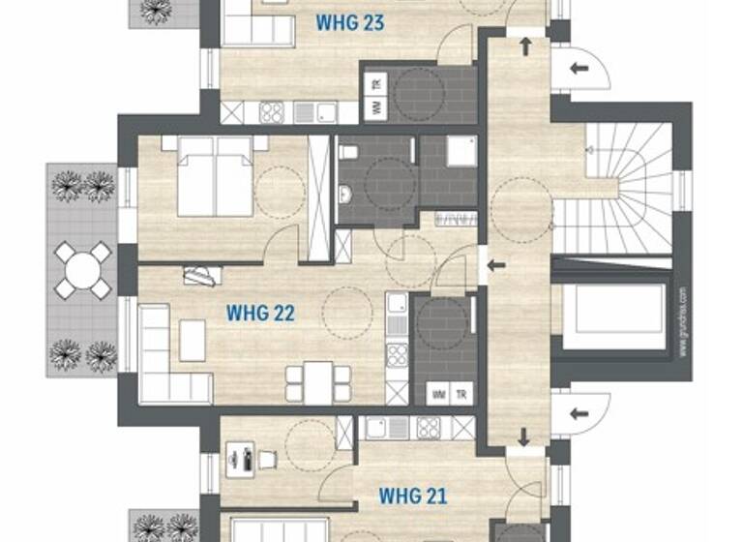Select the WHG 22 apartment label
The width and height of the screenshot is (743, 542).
(259, 313)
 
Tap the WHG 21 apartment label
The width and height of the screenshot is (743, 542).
(412, 497)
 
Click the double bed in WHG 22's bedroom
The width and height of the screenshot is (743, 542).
(214, 175)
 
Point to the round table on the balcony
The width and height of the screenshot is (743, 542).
(82, 270)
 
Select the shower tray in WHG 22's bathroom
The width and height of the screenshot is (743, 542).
(461, 152)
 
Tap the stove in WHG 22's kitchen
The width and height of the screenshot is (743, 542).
(397, 354)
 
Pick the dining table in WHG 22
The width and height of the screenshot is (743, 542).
(318, 381)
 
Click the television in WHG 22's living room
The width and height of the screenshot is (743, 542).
(202, 276)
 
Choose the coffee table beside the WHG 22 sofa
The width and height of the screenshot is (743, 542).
(193, 341)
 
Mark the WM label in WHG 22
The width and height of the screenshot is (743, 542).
(439, 394)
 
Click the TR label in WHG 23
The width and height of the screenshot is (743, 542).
(376, 84)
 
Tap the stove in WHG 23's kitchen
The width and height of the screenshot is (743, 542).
(272, 113)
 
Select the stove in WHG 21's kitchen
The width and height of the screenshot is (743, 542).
(428, 427)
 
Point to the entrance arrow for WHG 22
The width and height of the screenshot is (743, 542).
(496, 265)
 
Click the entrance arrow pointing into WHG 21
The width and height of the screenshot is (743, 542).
(523, 437)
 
